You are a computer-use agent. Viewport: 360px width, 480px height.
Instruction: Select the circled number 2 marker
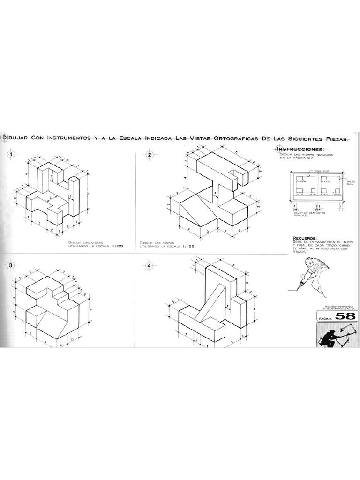150,155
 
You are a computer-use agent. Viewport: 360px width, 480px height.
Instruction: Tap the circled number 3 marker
10,266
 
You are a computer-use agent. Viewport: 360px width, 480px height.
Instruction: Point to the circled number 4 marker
150,266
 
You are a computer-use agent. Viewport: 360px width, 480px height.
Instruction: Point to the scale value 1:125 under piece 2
190,245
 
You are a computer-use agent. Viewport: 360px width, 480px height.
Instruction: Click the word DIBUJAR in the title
15,138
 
